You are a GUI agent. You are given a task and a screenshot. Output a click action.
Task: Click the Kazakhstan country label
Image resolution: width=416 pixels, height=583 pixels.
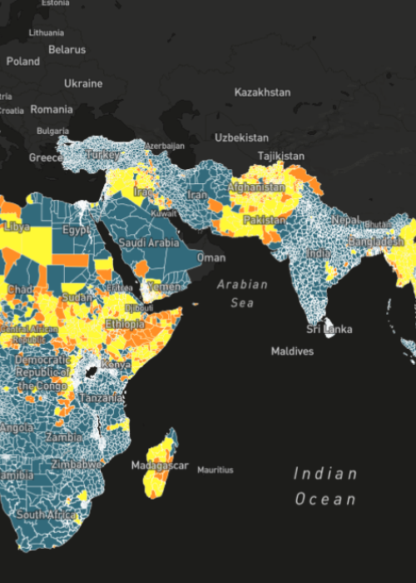(262, 92)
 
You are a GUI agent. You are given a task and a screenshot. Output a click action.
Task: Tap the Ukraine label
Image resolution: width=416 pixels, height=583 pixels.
(83, 83)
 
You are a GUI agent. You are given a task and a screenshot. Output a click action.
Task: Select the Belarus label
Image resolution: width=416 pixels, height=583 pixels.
(67, 50)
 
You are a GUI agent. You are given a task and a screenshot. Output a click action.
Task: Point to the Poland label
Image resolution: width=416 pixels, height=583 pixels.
(22, 62)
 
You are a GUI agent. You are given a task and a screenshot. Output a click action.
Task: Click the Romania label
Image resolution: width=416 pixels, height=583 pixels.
(52, 109)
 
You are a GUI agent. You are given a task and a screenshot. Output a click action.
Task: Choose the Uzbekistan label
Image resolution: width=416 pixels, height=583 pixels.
(241, 137)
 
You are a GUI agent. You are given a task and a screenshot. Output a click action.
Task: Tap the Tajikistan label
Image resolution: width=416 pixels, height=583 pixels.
(280, 156)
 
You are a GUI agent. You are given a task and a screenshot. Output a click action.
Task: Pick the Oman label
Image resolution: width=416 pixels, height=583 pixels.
(210, 257)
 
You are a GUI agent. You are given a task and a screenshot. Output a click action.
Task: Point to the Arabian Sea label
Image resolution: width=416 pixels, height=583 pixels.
(243, 293)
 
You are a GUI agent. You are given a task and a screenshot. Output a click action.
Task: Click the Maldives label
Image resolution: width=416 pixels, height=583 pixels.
(292, 351)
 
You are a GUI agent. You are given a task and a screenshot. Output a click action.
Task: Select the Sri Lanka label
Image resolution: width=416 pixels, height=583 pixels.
(329, 329)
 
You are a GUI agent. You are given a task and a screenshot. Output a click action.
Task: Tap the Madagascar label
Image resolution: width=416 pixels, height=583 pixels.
(160, 466)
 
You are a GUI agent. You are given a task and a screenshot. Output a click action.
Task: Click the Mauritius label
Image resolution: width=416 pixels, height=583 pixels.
(215, 471)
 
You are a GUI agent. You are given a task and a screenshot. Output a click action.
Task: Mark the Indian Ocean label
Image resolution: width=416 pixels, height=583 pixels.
(324, 486)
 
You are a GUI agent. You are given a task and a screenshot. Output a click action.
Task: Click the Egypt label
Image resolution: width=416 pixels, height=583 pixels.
(77, 229)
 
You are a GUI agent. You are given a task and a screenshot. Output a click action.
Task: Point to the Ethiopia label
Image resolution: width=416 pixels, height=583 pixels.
(126, 323)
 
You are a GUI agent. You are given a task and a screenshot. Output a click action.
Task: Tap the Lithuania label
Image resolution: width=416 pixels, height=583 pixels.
(46, 32)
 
